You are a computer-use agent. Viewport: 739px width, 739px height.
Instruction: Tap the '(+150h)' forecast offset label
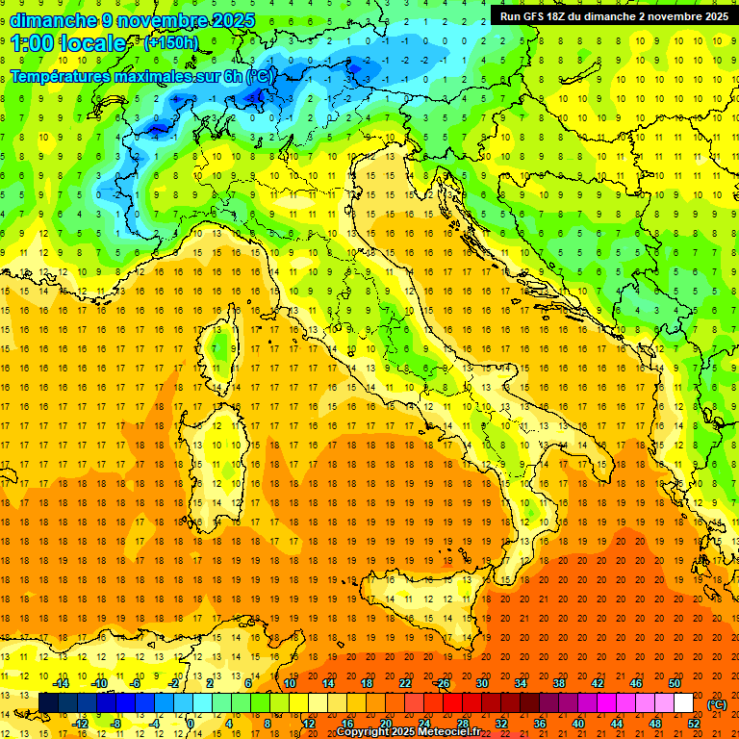click(170, 42)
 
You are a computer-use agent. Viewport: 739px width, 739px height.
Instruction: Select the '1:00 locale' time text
click(68, 43)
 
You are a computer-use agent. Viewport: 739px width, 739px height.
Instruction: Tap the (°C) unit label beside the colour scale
click(717, 704)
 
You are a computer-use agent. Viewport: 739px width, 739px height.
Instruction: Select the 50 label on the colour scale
click(675, 683)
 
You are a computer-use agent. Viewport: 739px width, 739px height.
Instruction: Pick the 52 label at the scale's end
click(694, 724)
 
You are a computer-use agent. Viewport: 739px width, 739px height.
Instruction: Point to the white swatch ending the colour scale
click(684, 703)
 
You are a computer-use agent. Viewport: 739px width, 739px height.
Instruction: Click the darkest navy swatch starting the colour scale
click(48, 703)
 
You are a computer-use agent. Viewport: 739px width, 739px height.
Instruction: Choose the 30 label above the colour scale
click(482, 683)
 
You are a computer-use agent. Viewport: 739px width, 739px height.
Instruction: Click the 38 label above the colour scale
click(559, 683)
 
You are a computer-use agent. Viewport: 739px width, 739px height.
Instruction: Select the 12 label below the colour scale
click(309, 724)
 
